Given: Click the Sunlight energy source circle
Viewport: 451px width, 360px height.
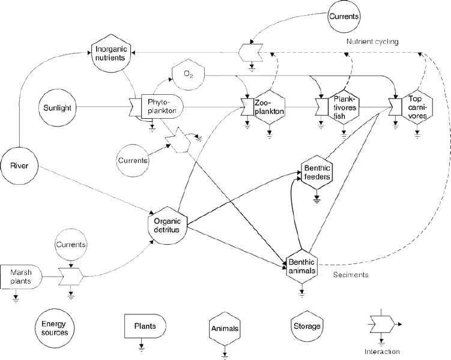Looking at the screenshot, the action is (58, 108).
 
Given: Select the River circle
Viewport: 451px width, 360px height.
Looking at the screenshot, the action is (19, 166).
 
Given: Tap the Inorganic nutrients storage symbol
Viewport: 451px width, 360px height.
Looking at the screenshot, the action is (110, 53).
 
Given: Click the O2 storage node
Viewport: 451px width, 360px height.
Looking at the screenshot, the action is (188, 75).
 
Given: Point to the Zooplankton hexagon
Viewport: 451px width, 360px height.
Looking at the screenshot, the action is (269, 107).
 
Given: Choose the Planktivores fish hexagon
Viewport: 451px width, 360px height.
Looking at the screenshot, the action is (344, 107).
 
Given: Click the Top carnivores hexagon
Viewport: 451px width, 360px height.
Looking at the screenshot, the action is (417, 107).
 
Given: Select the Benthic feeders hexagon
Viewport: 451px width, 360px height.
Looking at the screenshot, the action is (316, 172).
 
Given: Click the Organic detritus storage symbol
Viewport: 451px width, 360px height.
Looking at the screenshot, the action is (168, 225).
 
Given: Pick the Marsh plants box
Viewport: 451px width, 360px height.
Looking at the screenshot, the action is (21, 277).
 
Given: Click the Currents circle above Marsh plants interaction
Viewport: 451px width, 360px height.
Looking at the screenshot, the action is (71, 245).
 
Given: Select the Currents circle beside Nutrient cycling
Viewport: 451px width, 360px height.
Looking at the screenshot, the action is (344, 16).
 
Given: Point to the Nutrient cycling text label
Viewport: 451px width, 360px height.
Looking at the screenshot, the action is (372, 41).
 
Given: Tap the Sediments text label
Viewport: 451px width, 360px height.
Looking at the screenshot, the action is (351, 275).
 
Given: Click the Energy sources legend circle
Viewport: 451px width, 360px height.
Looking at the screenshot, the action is (55, 328).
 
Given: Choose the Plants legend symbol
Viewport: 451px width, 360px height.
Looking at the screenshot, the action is (145, 326).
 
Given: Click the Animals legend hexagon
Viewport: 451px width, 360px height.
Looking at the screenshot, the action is (225, 328).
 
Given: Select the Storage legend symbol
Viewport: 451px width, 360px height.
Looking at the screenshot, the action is (307, 326).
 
